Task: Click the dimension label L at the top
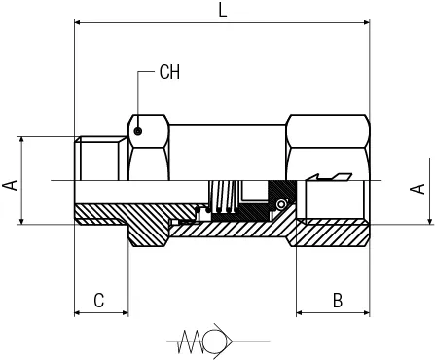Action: tap(222, 11)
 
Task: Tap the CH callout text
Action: tap(169, 72)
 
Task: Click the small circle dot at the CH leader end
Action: tap(138, 131)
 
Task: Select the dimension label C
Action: tap(99, 301)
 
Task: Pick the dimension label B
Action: tap(338, 301)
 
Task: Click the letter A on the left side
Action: tap(10, 185)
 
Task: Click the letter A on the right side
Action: tap(417, 189)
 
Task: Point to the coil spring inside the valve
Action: tap(224, 197)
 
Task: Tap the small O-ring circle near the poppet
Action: tap(281, 204)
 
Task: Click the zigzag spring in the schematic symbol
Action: tap(192, 342)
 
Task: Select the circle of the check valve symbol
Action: tap(215, 342)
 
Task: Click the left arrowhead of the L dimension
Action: tap(78, 22)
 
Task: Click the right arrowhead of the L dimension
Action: tap(367, 22)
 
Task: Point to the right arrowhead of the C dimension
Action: tap(125, 313)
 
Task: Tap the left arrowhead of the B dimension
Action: tap(300, 313)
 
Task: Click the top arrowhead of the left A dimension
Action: tap(21, 140)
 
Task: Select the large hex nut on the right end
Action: tap(328, 148)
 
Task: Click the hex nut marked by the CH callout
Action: tap(149, 148)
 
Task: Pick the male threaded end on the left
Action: tap(100, 159)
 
